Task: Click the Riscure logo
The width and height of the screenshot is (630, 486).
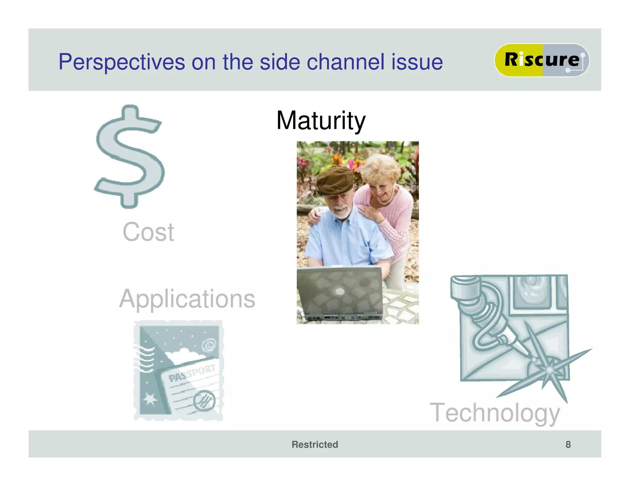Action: pos(541,60)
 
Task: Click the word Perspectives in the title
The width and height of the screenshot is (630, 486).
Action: pos(122,62)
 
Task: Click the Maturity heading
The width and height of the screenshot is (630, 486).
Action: pos(321,120)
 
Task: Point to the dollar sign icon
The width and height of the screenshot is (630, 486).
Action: pos(130,157)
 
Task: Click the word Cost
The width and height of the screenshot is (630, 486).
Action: pos(148,232)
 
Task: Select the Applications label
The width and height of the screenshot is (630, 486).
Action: pos(187,299)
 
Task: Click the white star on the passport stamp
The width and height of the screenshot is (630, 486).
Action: pos(150,399)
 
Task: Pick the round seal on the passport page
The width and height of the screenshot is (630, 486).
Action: pos(204,401)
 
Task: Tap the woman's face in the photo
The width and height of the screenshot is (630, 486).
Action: pos(381,187)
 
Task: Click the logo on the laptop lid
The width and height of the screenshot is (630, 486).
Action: pos(340,291)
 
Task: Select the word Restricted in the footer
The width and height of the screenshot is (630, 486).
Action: pos(315,444)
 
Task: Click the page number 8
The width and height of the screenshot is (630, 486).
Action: pos(568,444)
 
